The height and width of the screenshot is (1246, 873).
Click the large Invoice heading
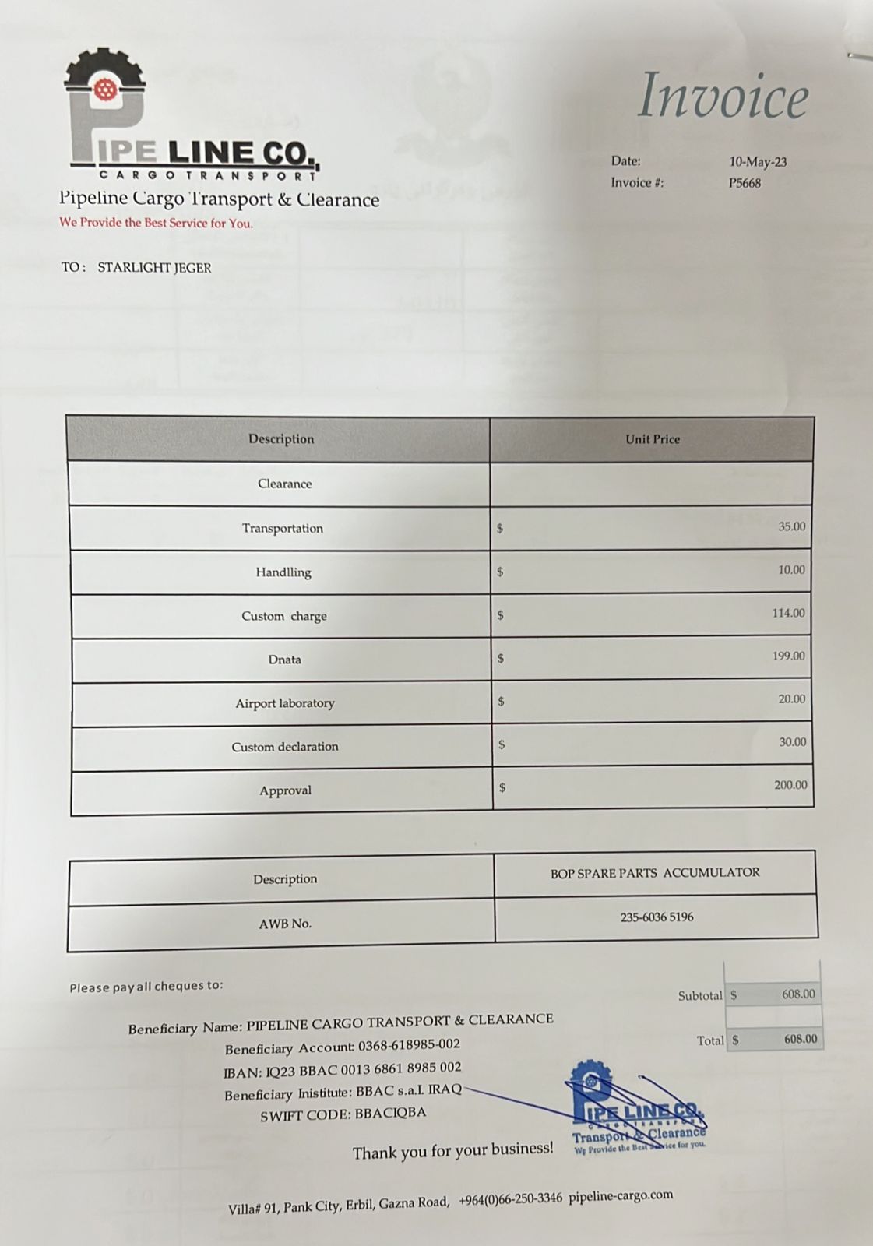[723, 97]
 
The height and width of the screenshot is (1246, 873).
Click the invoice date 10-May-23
[758, 162]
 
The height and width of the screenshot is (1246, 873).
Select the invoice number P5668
[745, 184]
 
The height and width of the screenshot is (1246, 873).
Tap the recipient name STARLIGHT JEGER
[154, 268]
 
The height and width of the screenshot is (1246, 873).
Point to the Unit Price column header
[652, 439]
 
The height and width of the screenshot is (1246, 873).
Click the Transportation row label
[282, 528]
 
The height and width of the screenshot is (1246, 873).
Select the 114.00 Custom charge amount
[788, 613]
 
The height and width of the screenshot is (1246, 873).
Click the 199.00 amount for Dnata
[788, 656]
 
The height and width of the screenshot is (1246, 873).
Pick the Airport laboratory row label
[285, 703]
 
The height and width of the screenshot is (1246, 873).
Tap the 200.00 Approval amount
[790, 785]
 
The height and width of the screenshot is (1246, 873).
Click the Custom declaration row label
[285, 747]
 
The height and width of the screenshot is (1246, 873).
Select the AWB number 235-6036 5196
[657, 917]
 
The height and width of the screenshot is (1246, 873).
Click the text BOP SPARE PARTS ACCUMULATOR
[655, 873]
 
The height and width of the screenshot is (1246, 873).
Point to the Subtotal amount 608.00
[798, 994]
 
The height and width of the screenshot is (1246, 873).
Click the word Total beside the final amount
[710, 1040]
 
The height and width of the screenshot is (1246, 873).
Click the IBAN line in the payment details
[343, 1069]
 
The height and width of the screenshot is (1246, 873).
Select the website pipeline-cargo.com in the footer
[620, 1196]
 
